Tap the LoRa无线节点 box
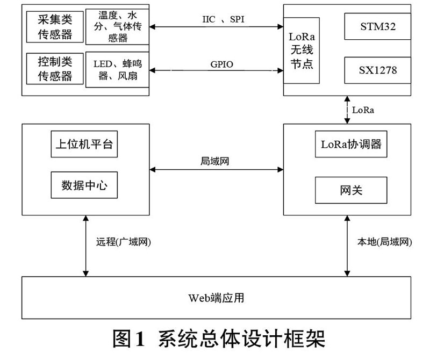tap(302, 50)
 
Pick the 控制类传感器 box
tap(54, 69)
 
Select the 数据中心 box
tap(85, 185)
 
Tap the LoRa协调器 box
tap(350, 145)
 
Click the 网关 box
tap(350, 190)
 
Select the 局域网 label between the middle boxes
tap(214, 161)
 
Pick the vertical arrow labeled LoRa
tap(347, 110)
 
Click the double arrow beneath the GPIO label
tap(216, 70)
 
